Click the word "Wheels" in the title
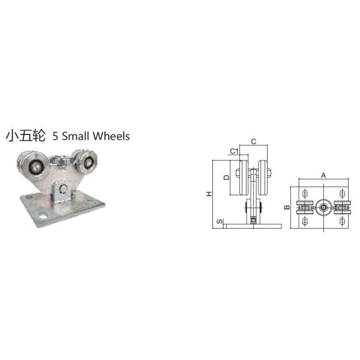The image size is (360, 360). click(112, 136)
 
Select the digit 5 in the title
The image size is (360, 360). click(56, 136)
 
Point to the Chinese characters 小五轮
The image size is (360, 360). click(26, 136)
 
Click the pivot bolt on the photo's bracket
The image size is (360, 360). click(61, 191)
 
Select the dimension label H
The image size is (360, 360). click(208, 193)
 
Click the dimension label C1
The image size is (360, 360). click(235, 151)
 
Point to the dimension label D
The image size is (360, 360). click(226, 177)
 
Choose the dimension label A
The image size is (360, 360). click(323, 175)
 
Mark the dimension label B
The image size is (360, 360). click(287, 208)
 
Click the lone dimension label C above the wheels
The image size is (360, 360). click(254, 142)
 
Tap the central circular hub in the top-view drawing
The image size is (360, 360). click(323, 208)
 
